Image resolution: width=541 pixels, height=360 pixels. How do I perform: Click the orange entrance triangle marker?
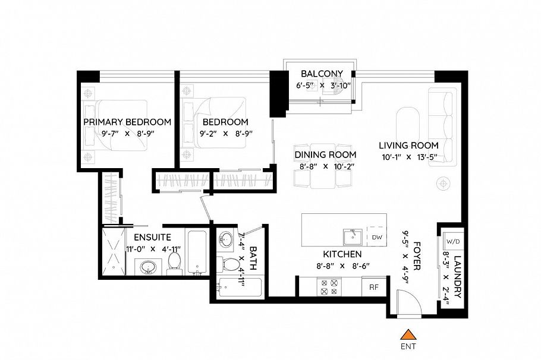[x=407, y=335]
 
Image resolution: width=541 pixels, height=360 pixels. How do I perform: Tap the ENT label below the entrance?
[x=407, y=346]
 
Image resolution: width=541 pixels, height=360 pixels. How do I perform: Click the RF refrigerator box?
[x=374, y=287]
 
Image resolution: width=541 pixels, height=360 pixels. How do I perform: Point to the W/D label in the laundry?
[x=452, y=242]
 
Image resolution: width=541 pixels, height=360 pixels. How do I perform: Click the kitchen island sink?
[x=353, y=237]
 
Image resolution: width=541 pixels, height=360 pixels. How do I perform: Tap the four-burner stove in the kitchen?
[x=329, y=287]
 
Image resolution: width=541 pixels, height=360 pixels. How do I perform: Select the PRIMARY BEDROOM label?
[x=127, y=122]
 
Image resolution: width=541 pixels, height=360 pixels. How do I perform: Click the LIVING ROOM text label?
[x=409, y=145]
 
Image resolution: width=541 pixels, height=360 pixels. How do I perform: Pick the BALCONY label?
[x=322, y=74]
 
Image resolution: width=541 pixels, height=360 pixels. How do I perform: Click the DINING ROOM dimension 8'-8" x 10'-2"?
[x=325, y=167]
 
